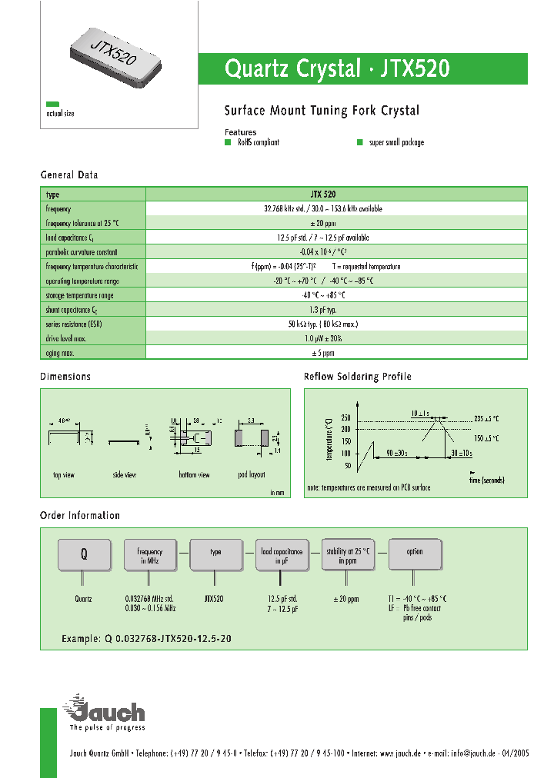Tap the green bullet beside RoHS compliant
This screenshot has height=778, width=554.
pyautogui.click(x=228, y=143)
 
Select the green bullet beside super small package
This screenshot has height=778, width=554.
pyautogui.click(x=359, y=143)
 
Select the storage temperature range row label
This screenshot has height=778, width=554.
pyautogui.click(x=79, y=295)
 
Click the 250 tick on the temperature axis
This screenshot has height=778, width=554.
pyautogui.click(x=345, y=417)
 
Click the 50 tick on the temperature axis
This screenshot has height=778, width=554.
pyautogui.click(x=347, y=465)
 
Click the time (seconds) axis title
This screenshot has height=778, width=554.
pyautogui.click(x=486, y=480)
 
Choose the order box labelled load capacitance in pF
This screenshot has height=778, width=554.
pyautogui.click(x=282, y=555)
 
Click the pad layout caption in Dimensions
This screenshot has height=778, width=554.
pyautogui.click(x=252, y=475)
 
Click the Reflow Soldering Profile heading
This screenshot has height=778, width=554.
pyautogui.click(x=357, y=377)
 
